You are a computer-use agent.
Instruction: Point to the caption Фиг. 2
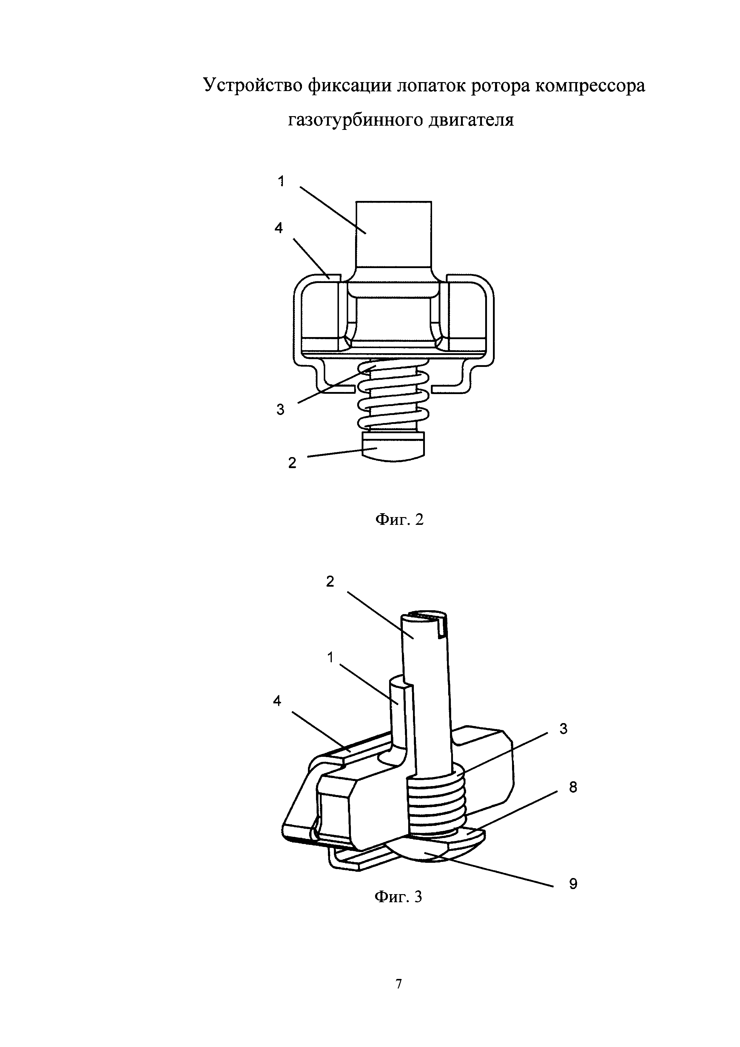(x=399, y=519)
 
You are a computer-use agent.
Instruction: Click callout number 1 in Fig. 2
(x=281, y=182)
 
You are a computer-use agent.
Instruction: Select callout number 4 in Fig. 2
(x=278, y=228)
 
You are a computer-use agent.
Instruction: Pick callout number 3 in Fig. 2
(x=280, y=410)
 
